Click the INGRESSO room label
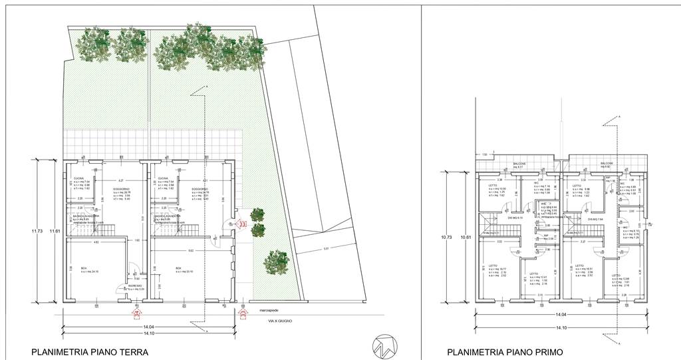tap(135, 285)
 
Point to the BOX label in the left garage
tap(84, 268)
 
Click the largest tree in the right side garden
tap(277, 261)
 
